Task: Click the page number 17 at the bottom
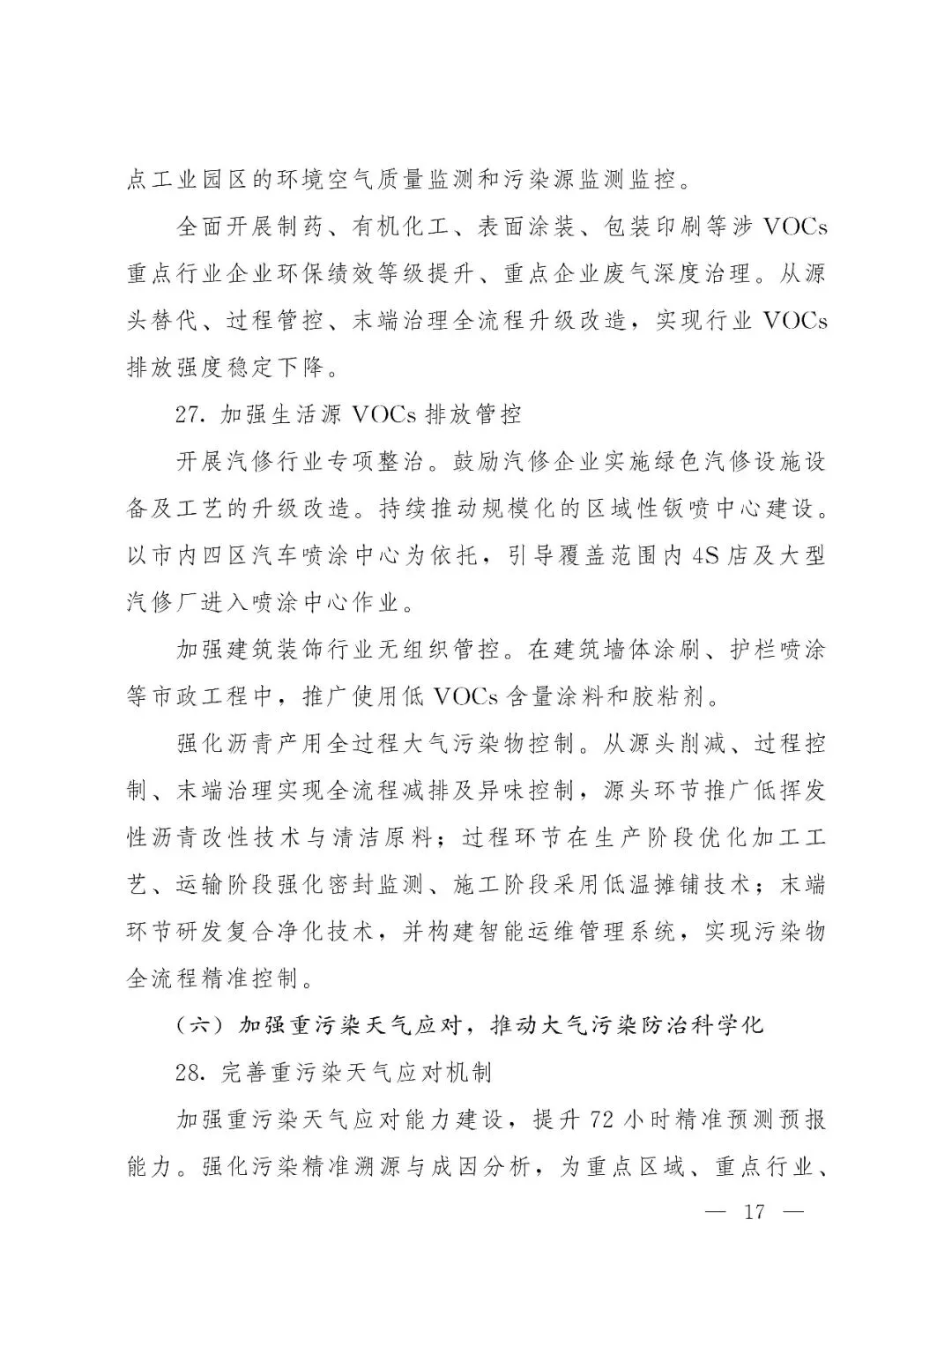[x=755, y=1211]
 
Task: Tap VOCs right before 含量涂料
[x=465, y=697]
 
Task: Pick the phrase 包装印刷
[x=640, y=227]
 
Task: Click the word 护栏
[x=754, y=651]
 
